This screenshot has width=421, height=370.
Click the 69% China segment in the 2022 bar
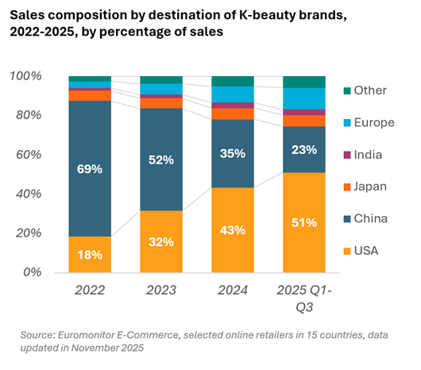pos(90,168)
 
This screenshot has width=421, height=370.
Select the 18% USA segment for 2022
pos(90,254)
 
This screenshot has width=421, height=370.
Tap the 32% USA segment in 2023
pos(161,241)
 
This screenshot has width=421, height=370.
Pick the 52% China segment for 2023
pos(161,160)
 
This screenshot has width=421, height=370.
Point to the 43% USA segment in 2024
pos(233,230)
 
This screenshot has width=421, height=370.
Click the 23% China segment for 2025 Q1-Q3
pos(304,149)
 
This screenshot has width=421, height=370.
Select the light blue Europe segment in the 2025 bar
pos(304,98)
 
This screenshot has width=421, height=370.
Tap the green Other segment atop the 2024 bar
pos(233,81)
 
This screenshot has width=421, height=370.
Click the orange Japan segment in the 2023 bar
pos(161,103)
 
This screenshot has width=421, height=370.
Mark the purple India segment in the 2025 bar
pos(304,113)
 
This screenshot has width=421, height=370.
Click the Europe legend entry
pos(369,122)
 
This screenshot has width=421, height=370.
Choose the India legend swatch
pos(347,155)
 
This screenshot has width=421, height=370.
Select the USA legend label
pos(366,251)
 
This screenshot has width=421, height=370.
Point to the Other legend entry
pos(365,91)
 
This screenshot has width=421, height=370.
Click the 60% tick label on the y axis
pos(29,155)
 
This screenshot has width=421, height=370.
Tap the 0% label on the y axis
pos(33,272)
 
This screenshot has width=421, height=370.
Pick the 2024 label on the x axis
pos(233,291)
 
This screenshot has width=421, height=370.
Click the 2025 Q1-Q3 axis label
pos(304,299)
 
